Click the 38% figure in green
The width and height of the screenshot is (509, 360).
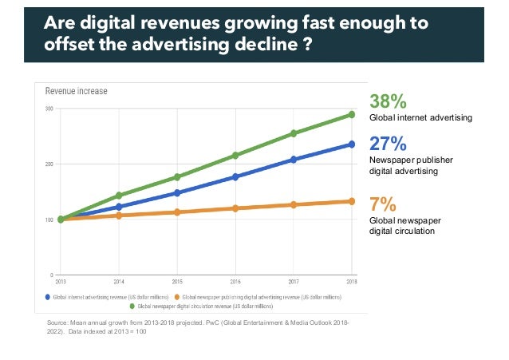point(388,101)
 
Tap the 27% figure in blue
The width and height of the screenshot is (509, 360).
point(388,144)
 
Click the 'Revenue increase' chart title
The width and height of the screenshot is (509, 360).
point(76,91)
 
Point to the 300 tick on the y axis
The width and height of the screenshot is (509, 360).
point(49,109)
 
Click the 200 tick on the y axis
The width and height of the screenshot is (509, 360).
point(49,164)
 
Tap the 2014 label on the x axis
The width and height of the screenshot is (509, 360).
point(119,282)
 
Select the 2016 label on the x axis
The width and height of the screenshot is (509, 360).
point(235,282)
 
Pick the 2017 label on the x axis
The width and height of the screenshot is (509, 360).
point(294,282)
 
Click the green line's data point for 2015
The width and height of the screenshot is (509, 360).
point(177,176)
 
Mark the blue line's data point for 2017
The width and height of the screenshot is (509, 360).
point(294,160)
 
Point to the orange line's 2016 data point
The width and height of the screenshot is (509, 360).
point(235,208)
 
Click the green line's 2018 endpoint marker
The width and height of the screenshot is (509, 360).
point(351,114)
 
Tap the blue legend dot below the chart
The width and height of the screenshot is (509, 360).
point(48,296)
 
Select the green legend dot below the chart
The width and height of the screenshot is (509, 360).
point(132,305)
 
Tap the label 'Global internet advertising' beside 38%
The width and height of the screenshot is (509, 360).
point(420,117)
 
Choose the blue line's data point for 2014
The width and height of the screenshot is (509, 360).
point(119,207)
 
